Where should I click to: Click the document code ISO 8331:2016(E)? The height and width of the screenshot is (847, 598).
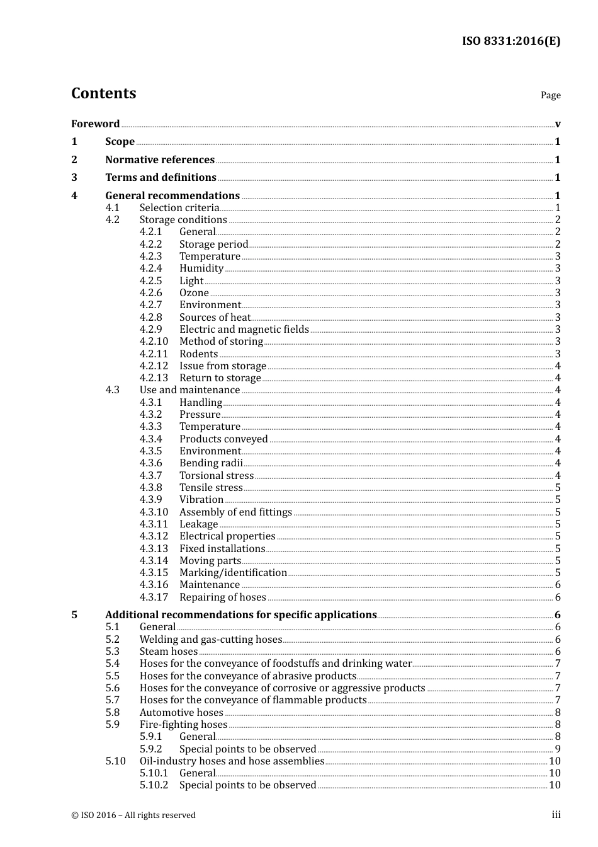click(x=511, y=41)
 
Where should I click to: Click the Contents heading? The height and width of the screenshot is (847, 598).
click(x=103, y=93)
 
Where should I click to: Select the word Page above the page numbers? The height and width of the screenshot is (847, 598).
click(x=550, y=95)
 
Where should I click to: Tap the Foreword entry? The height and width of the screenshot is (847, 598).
click(x=95, y=124)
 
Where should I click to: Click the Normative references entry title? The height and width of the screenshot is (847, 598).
click(x=160, y=159)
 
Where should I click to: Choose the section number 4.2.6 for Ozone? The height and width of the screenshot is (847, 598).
click(x=150, y=292)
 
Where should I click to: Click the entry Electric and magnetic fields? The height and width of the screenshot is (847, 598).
click(x=244, y=329)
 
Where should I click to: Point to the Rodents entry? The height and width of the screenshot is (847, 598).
click(x=198, y=354)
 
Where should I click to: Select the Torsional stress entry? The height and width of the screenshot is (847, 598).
click(x=216, y=475)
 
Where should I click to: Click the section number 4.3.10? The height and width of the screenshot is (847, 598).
click(x=154, y=512)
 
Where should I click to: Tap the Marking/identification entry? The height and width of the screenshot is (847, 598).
click(x=233, y=572)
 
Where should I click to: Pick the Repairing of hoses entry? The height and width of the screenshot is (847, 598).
click(x=222, y=597)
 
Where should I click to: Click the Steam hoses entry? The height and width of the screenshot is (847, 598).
click(x=168, y=651)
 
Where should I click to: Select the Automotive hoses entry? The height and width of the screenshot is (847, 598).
click(x=181, y=712)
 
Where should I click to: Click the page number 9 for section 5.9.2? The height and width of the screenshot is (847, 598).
click(x=558, y=749)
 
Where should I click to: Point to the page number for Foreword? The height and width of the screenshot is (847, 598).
click(x=558, y=124)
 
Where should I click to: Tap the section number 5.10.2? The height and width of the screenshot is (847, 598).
click(x=154, y=785)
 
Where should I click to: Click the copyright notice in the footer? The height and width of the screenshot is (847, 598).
click(x=133, y=815)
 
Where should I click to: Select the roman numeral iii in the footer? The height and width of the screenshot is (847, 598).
click(x=556, y=815)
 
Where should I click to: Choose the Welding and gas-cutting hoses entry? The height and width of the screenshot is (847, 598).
click(x=210, y=639)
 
